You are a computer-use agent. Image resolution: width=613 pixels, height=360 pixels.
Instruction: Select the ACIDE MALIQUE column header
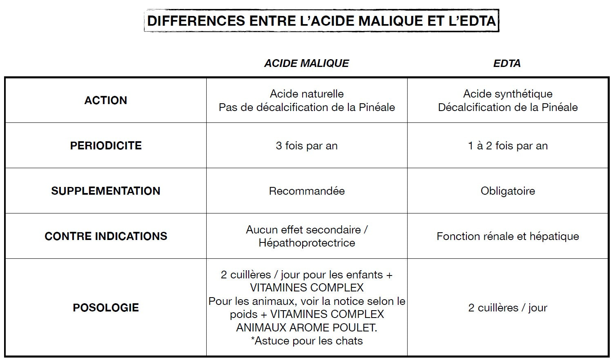(306, 63)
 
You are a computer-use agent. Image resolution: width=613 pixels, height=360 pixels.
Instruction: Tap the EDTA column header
(507, 63)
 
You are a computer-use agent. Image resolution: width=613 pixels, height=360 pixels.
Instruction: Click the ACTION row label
(106, 100)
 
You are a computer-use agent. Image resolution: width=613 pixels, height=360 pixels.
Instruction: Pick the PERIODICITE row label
(106, 146)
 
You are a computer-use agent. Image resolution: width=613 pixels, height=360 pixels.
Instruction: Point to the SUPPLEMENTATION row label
(106, 191)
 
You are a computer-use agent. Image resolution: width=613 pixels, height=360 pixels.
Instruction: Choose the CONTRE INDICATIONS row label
(106, 236)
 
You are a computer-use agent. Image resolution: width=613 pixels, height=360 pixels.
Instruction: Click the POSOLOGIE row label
(106, 308)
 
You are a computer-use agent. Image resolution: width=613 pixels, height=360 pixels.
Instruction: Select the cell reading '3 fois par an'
(307, 146)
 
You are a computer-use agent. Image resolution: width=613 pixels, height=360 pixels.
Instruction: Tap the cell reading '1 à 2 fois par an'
(508, 146)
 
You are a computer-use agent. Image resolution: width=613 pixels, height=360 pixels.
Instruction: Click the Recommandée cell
(307, 191)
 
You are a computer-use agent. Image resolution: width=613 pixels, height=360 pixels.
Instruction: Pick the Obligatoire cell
(508, 191)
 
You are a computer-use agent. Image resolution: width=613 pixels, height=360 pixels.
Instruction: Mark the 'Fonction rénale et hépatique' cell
(508, 236)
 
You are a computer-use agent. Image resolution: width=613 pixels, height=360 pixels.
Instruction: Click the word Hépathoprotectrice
(307, 243)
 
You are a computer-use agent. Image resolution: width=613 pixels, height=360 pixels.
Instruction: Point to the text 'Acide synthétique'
(508, 94)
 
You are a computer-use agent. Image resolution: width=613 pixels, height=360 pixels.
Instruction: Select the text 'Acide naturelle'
(307, 94)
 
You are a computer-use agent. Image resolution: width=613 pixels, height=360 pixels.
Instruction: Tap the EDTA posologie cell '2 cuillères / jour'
(508, 308)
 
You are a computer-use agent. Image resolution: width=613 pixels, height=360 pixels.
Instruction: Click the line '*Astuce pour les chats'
(307, 341)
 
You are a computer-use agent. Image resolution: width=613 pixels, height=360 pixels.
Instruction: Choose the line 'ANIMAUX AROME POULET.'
(307, 328)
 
